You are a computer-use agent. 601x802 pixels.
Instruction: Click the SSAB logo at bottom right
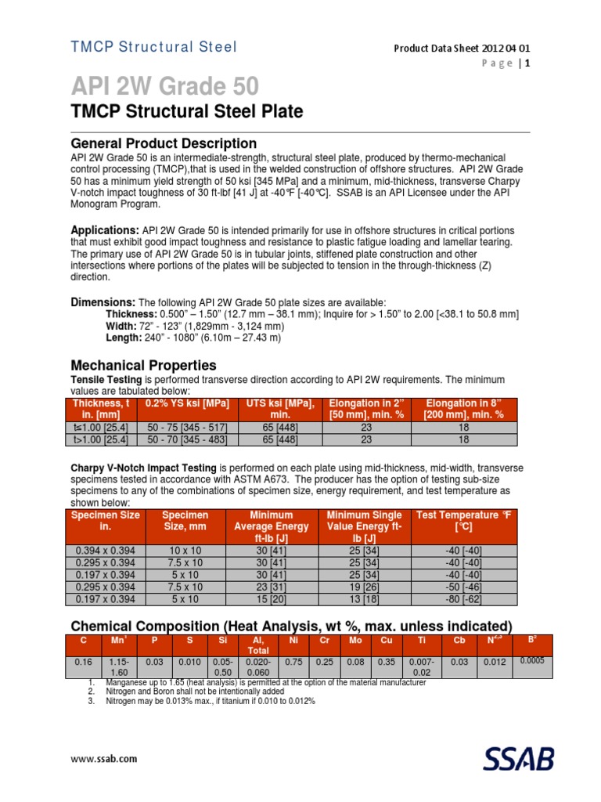(520, 759)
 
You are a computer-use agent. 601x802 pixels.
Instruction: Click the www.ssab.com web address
(104, 759)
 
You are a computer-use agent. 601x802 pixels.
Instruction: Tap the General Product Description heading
(164, 143)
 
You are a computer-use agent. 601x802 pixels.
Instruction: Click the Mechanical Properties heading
(144, 365)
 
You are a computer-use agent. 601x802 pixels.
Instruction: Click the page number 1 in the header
(528, 64)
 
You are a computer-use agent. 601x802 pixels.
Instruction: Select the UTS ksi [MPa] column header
(280, 408)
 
